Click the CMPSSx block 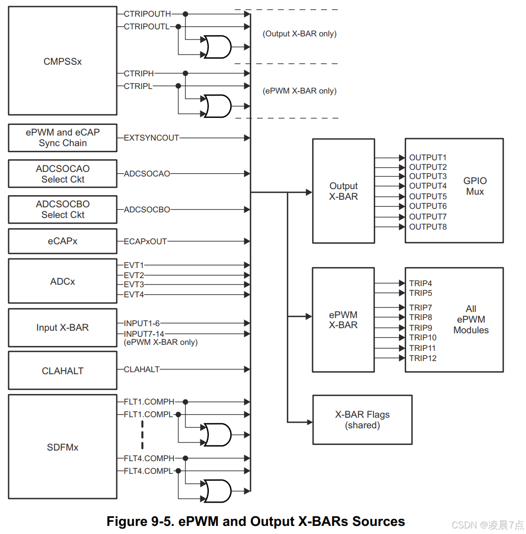point(62,61)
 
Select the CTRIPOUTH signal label point(147,14)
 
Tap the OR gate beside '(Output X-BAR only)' point(216,47)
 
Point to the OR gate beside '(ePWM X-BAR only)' point(216,106)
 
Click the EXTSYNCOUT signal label point(151,138)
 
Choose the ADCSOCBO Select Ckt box point(62,209)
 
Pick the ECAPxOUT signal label point(145,241)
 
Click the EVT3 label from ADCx point(134,285)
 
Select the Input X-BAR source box point(62,328)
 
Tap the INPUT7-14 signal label point(144,334)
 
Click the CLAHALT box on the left point(62,371)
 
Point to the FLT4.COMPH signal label point(149,458)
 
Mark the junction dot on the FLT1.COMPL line point(178,415)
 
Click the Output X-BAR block point(343,191)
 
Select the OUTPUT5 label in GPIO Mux point(428,196)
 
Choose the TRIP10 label point(423,338)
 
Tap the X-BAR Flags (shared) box point(362,420)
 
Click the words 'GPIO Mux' point(475,186)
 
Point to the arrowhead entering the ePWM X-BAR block point(309,317)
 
